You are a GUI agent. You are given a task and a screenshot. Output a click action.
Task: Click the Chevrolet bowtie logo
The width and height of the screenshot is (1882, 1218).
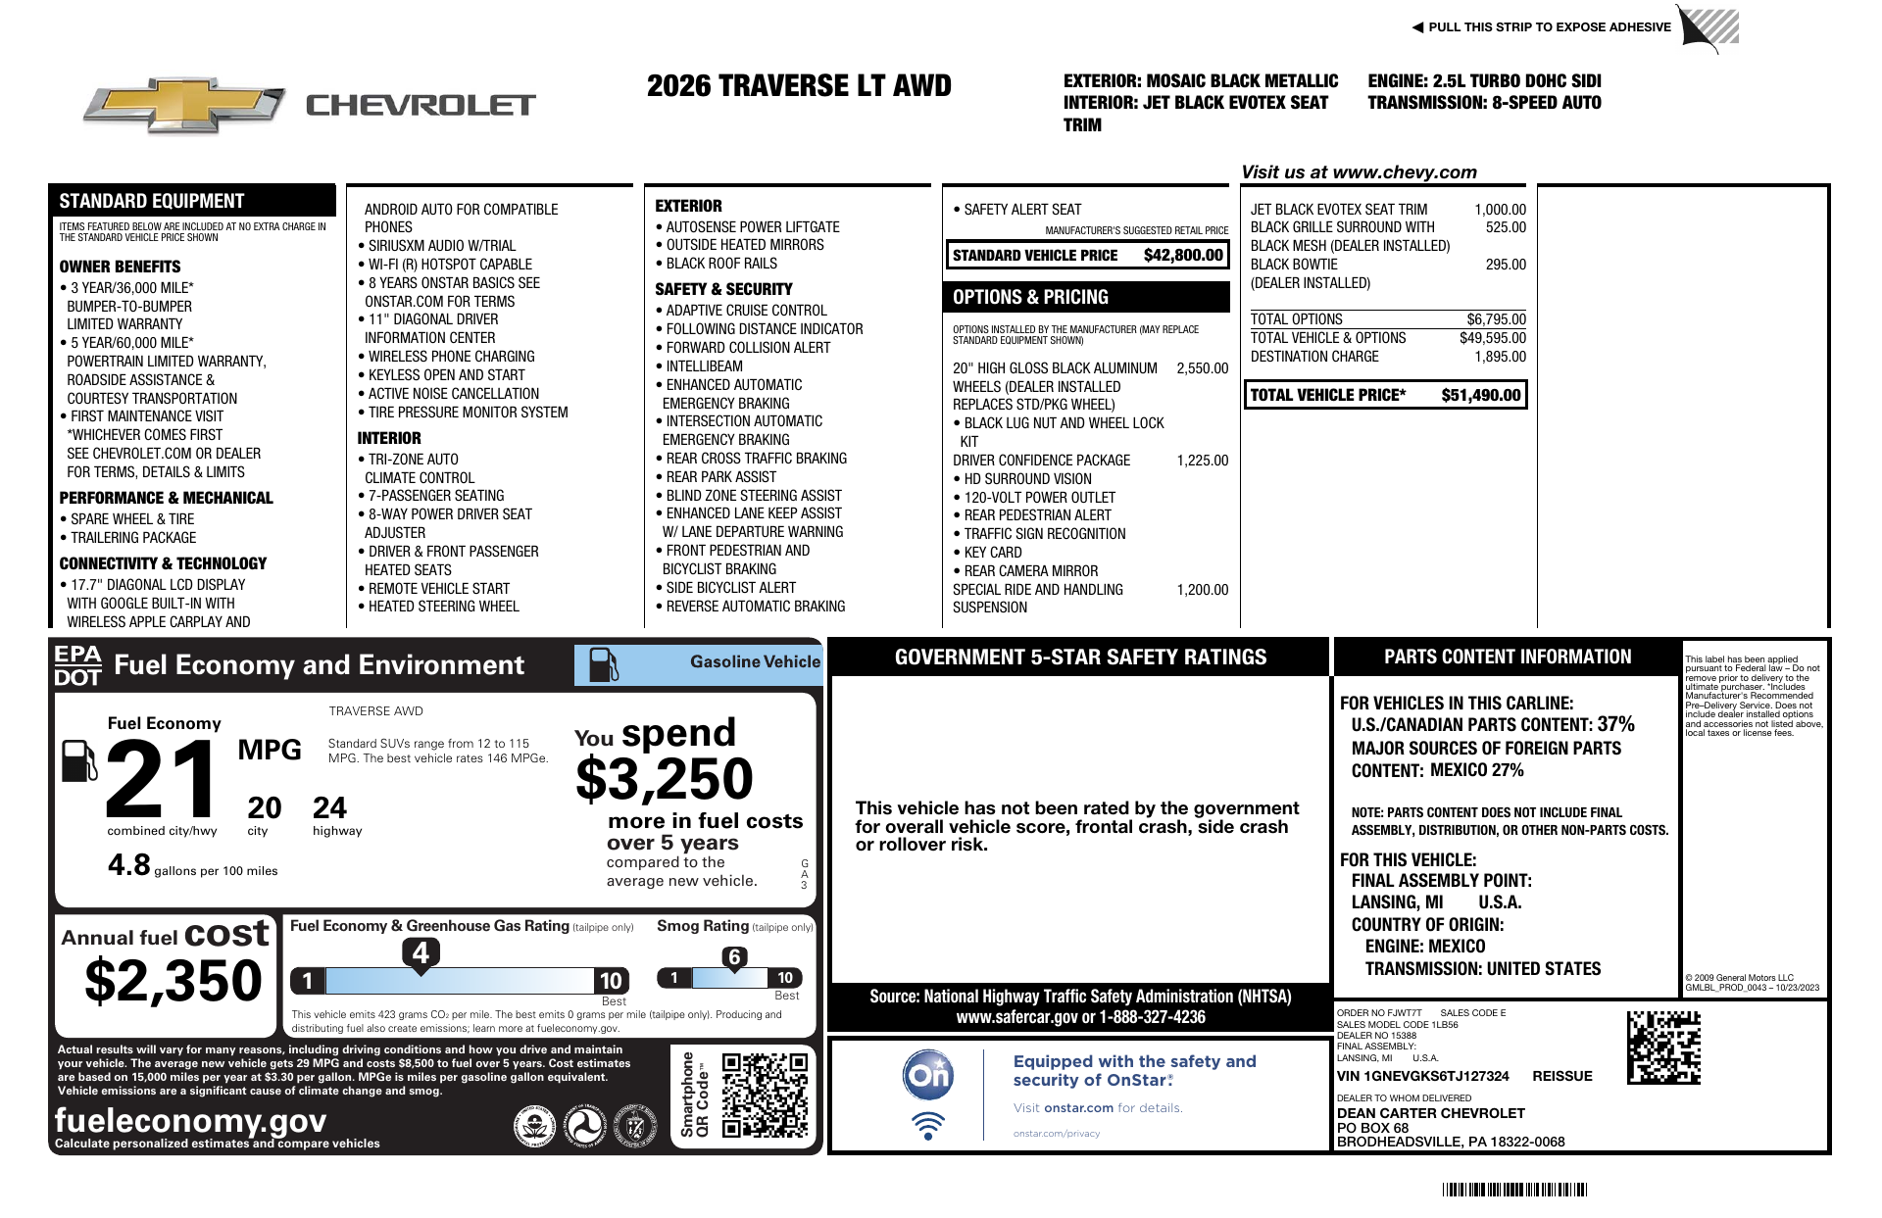(183, 105)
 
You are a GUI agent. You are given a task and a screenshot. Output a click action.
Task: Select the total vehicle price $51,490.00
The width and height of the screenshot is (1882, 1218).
(1480, 395)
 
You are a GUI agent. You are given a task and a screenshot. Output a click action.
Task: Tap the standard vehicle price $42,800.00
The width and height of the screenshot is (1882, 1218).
(1183, 256)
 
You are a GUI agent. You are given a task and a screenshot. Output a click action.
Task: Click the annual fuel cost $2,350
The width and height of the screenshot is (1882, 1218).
(173, 981)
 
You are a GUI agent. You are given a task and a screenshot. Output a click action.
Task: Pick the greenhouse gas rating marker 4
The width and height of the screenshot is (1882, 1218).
(421, 952)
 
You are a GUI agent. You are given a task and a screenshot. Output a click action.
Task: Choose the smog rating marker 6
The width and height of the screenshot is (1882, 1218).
(734, 957)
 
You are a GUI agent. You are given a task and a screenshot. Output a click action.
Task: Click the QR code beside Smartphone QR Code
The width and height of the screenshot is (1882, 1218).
(765, 1095)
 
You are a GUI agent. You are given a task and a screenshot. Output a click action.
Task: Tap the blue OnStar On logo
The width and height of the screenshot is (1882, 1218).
(927, 1075)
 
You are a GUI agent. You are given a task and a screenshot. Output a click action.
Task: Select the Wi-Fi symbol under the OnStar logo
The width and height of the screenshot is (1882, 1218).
(927, 1125)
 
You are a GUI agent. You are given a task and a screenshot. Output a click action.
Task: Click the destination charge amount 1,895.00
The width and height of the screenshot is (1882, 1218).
(1500, 357)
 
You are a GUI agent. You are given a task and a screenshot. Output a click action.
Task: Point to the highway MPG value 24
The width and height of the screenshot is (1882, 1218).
(329, 808)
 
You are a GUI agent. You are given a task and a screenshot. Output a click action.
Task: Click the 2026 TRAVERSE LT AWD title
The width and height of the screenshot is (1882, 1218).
(799, 86)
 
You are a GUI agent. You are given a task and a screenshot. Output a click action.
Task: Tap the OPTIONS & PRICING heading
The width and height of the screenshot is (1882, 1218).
(1030, 297)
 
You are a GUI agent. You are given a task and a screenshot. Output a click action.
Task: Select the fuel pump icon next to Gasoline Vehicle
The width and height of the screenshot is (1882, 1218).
(603, 664)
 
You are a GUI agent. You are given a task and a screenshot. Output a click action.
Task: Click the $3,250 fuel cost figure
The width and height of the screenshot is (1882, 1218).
(665, 780)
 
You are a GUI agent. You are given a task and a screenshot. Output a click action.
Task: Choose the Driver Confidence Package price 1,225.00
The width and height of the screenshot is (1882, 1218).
(1202, 461)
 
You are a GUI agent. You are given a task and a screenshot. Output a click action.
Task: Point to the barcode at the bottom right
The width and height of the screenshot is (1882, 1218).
(1514, 1190)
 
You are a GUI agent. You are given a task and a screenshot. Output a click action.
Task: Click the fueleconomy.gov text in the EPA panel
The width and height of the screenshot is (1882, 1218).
(190, 1120)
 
